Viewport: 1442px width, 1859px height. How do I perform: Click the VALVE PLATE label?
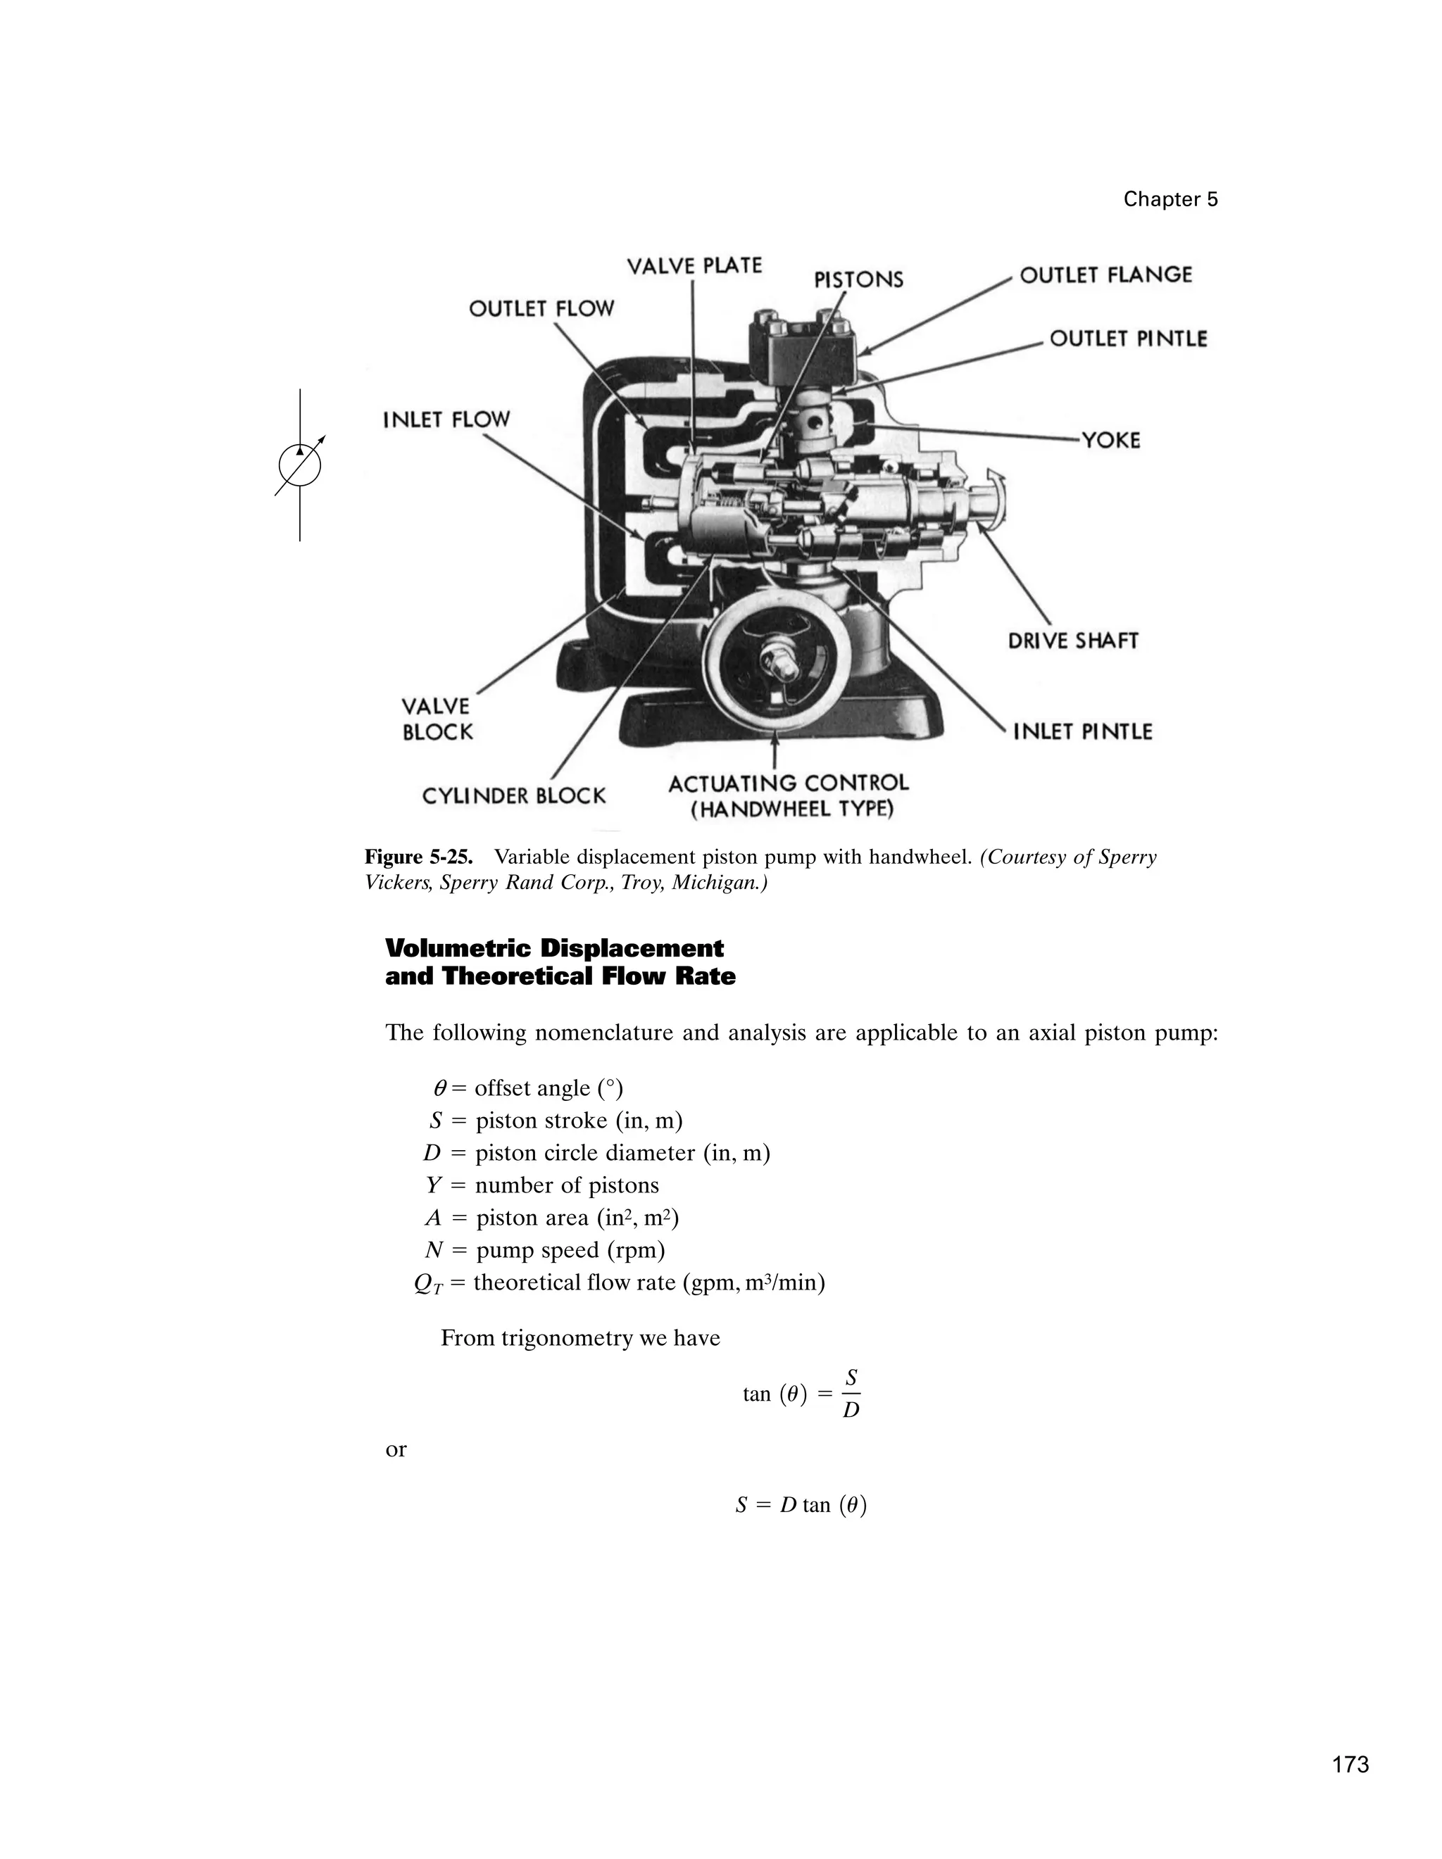694,266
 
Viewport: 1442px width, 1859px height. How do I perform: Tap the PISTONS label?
858,280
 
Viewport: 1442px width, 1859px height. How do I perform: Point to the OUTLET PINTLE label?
1128,339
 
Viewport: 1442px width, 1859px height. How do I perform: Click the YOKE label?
1110,440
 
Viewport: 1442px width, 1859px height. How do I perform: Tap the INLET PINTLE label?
1082,732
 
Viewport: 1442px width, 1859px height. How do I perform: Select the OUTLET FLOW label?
541,308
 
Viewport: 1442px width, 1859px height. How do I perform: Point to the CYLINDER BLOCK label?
513,796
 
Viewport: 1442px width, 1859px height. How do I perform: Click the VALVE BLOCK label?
437,719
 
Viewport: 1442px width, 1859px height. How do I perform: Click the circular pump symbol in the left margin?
300,465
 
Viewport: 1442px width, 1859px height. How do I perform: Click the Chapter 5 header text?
1170,199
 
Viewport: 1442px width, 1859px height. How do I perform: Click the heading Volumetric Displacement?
554,948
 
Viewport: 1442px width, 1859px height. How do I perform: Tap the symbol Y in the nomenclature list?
433,1185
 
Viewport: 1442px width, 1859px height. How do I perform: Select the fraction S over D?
851,1394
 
